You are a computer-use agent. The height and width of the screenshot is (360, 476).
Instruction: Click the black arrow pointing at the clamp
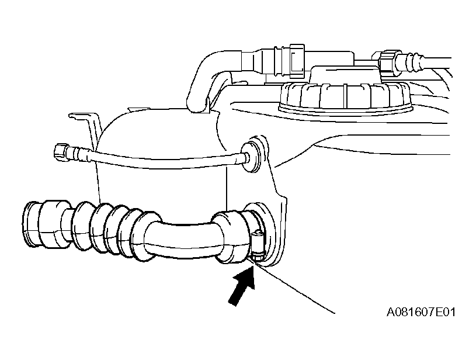242,285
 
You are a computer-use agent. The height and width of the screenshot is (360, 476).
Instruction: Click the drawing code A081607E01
421,312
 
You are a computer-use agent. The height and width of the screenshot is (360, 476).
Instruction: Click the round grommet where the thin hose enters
251,156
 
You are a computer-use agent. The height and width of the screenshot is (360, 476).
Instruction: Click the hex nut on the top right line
385,64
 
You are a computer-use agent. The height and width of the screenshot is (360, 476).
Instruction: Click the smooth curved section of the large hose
182,240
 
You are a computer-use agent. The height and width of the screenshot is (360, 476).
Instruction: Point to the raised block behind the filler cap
345,75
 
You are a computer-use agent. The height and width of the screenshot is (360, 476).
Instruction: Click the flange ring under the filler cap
345,109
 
